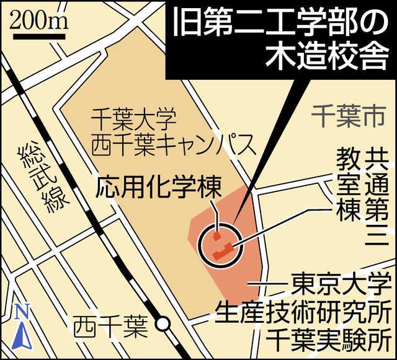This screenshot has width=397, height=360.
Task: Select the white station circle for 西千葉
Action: click(163, 323)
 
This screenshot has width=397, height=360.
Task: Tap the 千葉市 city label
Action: click(347, 114)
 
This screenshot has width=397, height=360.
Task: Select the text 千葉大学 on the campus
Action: click(134, 118)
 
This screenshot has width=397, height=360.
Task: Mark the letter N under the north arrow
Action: click(20, 310)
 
